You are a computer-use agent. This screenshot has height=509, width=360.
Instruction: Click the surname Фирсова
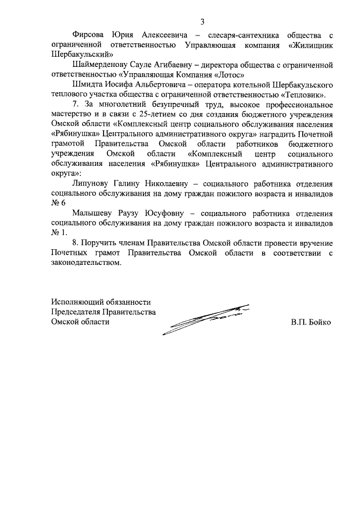tap(89, 35)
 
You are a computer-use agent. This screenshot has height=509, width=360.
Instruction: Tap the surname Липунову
tap(93, 183)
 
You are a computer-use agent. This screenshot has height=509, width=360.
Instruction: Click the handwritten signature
tap(205, 318)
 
